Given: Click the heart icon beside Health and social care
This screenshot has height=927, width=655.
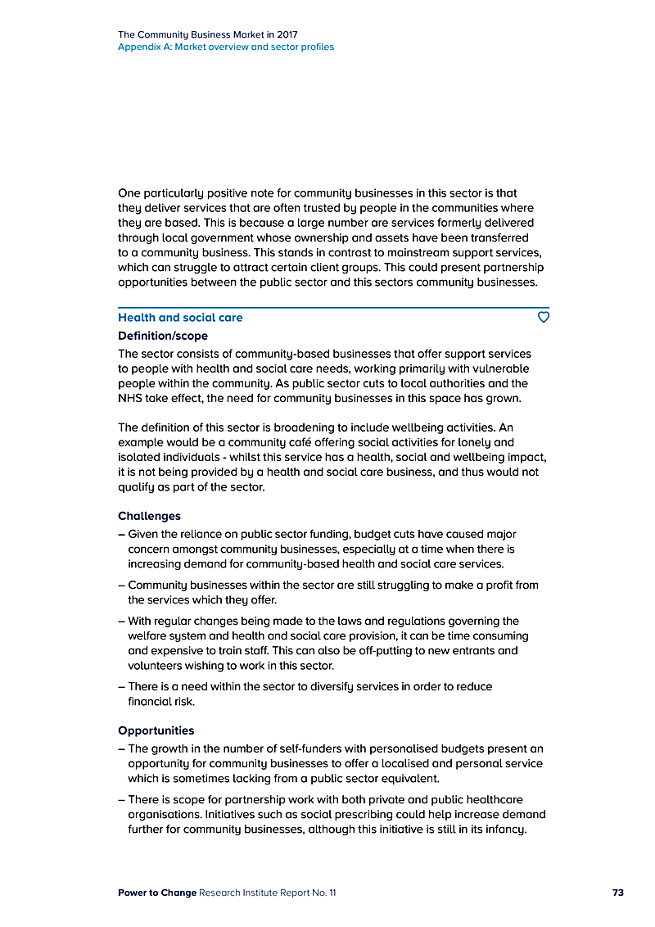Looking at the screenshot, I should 543,317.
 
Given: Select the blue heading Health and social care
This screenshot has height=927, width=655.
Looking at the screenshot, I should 180,318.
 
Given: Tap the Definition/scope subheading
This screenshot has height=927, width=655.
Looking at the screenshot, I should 163,336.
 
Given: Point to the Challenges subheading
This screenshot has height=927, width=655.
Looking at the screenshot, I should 149,516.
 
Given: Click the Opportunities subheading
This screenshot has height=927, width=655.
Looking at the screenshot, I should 156,730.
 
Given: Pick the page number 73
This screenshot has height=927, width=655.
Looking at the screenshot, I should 617,893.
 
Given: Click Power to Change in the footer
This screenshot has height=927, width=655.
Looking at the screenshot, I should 157,893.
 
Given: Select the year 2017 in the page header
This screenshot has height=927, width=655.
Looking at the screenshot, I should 286,35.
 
